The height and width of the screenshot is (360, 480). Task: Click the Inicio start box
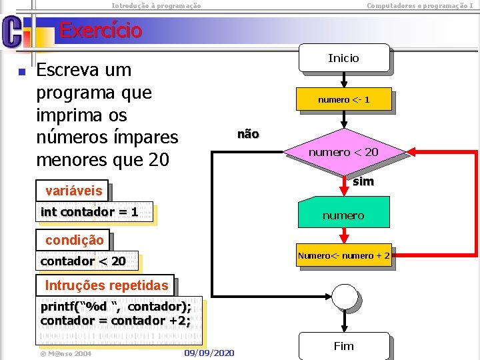pyautogui.click(x=343, y=58)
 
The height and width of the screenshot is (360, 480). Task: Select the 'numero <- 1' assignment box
pyautogui.click(x=343, y=100)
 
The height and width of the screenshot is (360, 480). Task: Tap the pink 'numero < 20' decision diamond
pyautogui.click(x=343, y=152)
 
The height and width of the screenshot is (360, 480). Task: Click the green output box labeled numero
pyautogui.click(x=343, y=215)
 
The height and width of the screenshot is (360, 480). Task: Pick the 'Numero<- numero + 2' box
pyautogui.click(x=343, y=255)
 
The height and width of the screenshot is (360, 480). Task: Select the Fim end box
pyautogui.click(x=343, y=346)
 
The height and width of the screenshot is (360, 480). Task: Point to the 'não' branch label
pyautogui.click(x=248, y=135)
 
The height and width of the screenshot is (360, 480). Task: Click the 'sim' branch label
pyautogui.click(x=363, y=181)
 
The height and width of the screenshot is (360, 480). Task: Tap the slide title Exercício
pyautogui.click(x=101, y=31)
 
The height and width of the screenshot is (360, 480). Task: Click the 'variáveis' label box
pyautogui.click(x=73, y=191)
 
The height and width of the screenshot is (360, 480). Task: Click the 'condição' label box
pyautogui.click(x=74, y=240)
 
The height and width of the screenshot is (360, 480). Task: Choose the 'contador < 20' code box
pyautogui.click(x=83, y=261)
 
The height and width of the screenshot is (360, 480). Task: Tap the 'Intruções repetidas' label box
pyautogui.click(x=106, y=286)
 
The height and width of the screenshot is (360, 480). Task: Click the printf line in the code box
pyautogui.click(x=116, y=307)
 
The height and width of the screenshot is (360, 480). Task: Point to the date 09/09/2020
pyautogui.click(x=209, y=352)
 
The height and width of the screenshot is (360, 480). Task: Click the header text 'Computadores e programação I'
pyautogui.click(x=420, y=5)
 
